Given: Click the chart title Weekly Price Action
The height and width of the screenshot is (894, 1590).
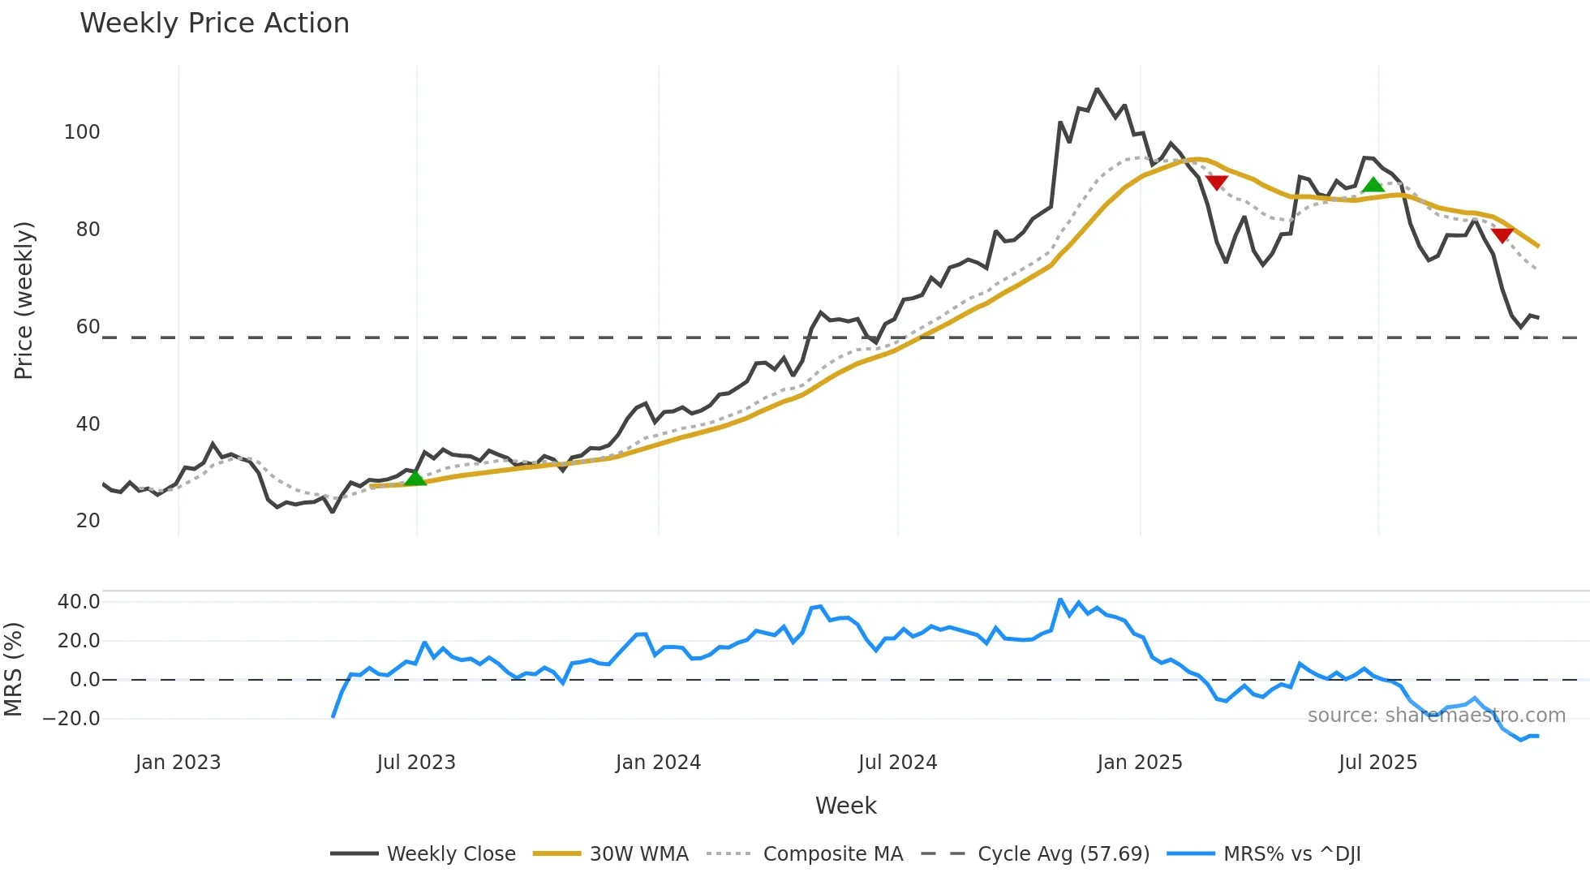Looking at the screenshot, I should pos(214,24).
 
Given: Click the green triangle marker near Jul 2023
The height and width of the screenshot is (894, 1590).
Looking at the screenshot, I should pos(415,478).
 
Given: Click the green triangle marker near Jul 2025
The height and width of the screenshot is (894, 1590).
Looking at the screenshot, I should pos(1373,185).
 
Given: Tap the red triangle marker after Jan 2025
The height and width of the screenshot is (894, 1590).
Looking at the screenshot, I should pos(1216,183).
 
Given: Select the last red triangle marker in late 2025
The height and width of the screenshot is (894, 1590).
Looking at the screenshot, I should pos(1502,235).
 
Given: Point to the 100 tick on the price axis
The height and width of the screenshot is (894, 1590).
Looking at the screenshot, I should pos(82,132).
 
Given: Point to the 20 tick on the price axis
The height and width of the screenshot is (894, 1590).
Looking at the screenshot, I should pos(88,521).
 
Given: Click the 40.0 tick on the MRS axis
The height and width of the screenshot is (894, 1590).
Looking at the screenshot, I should pos(79,602).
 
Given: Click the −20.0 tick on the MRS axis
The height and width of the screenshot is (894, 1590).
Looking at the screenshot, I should pos(71,719).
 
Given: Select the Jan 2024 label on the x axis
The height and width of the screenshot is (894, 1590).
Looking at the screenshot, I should pos(658,763).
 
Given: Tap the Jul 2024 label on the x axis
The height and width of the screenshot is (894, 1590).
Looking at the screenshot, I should pos(897,763).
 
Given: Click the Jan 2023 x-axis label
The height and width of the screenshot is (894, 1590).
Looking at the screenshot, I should pos(178,763).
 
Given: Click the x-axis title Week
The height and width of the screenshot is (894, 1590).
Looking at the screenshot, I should pos(845,806).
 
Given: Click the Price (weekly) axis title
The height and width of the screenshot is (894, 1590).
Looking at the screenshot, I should pos(24,300).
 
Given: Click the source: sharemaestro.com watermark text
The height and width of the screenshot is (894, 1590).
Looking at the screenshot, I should pos(1436,716).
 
